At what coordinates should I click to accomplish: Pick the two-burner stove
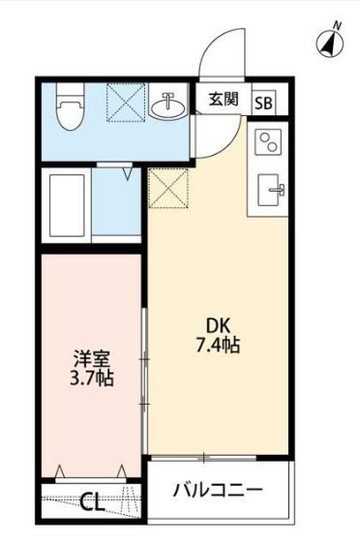[x=267, y=142]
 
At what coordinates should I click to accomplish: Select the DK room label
[x=216, y=324]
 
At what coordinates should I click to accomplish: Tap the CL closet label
[x=93, y=501]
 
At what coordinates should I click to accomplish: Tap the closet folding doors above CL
[x=93, y=473]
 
